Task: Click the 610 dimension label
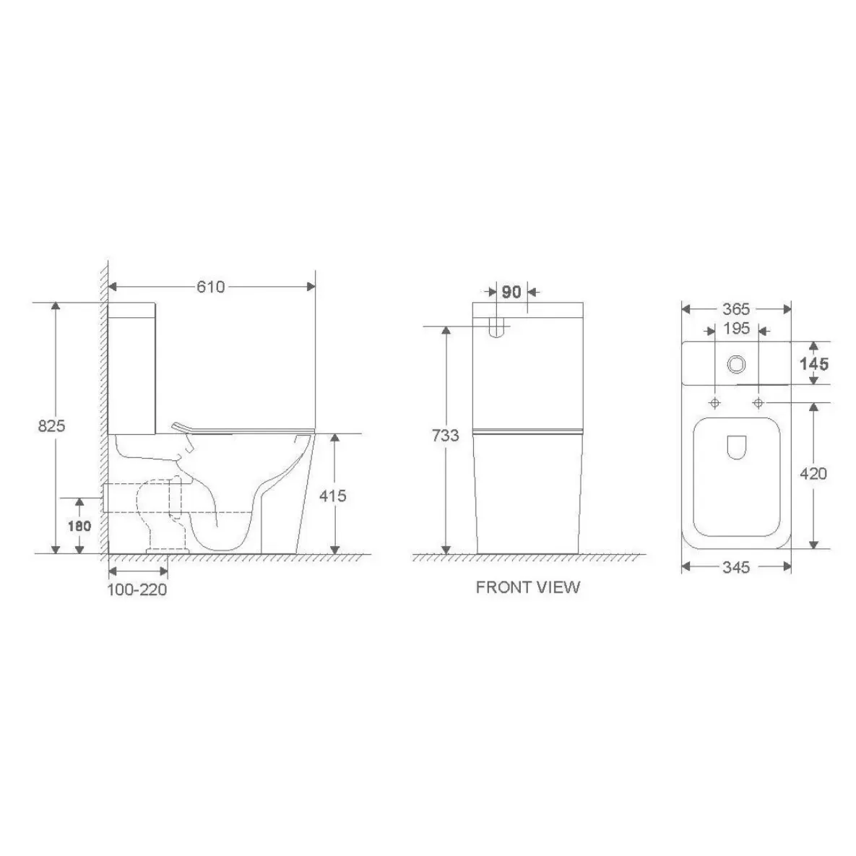tap(211, 288)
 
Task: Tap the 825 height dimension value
tap(51, 425)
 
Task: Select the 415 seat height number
tap(332, 496)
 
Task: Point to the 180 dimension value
tap(79, 527)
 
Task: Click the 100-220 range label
tap(137, 590)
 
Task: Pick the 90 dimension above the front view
tap(511, 292)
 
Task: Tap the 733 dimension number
tap(446, 436)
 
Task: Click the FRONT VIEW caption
tap(528, 587)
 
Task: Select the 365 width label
tap(736, 310)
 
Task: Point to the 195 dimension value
tap(736, 329)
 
